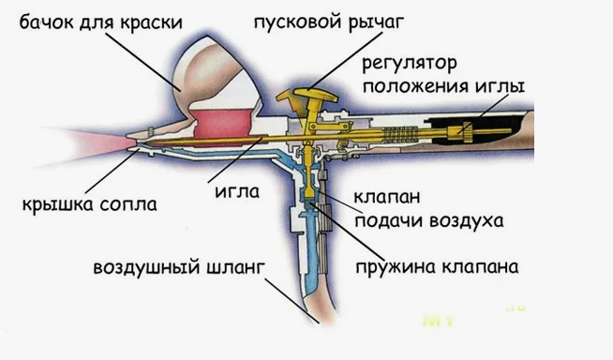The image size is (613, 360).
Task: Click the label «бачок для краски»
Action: click(101, 22)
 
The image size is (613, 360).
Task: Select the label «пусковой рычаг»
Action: click(328, 22)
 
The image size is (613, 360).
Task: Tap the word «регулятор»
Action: click(410, 64)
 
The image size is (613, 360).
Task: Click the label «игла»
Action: click(237, 191)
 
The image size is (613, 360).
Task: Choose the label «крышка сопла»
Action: click(90, 204)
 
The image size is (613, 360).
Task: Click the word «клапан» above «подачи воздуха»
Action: click(387, 197)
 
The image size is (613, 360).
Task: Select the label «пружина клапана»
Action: click(437, 268)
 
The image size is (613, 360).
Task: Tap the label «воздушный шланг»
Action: click(179, 268)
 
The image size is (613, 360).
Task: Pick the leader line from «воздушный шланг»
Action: click(292, 300)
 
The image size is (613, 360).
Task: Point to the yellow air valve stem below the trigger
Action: click(309, 172)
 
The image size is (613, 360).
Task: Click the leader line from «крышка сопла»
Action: click(111, 171)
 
